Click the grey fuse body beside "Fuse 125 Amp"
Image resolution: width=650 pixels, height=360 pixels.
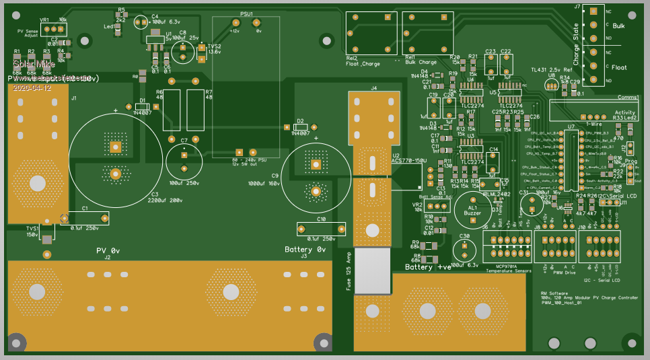(x=371, y=271)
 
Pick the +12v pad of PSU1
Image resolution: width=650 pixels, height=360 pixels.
(x=235, y=24)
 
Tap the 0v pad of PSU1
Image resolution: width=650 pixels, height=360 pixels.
(x=256, y=24)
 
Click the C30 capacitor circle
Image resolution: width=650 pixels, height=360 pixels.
(x=464, y=250)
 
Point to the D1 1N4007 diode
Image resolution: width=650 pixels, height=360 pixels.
(x=142, y=106)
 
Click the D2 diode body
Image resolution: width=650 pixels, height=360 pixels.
(x=301, y=127)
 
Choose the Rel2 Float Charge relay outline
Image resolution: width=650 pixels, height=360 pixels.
(x=371, y=34)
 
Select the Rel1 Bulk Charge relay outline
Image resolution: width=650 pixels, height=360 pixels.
(x=427, y=34)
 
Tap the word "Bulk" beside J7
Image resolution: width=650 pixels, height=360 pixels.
(x=619, y=26)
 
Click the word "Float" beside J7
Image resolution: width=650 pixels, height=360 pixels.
(x=619, y=67)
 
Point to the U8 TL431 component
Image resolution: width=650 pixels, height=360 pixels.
(x=551, y=85)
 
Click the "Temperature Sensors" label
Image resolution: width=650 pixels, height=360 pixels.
(x=509, y=271)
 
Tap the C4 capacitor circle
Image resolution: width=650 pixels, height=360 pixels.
(x=141, y=23)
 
